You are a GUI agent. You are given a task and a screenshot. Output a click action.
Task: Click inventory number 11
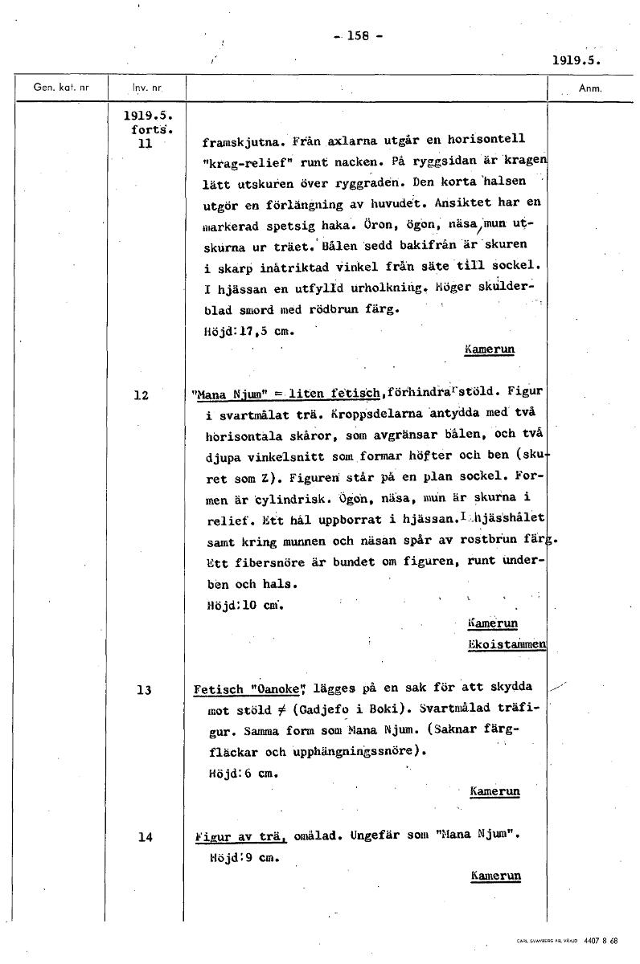coord(145,145)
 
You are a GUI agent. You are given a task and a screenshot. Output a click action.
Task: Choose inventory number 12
coord(142,395)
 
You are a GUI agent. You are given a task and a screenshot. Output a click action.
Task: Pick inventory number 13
coord(144,690)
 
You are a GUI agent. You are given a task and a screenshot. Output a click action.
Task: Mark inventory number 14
coord(145,837)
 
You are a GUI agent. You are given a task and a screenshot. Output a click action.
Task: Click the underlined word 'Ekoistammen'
coord(507,644)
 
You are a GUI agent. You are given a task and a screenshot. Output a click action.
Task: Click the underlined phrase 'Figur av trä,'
coord(241,836)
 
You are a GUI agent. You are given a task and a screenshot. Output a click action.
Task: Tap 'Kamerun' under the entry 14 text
coord(495,876)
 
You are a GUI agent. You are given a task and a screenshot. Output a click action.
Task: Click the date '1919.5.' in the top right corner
coord(577,59)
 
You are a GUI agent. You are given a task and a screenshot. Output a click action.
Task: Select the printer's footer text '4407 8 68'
coord(601,940)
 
